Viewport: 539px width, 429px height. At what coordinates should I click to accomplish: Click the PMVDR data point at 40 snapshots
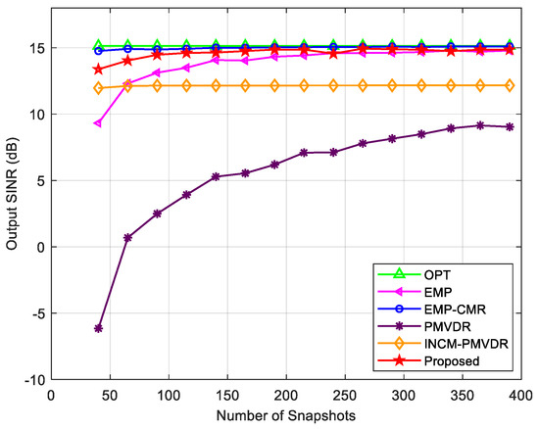98,328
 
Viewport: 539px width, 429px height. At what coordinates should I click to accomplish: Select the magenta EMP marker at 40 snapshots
98,123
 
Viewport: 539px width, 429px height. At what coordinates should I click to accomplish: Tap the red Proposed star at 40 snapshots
98,70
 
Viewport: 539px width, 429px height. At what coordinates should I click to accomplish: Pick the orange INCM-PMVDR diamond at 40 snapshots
98,88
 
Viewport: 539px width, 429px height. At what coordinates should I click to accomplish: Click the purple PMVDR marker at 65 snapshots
127,238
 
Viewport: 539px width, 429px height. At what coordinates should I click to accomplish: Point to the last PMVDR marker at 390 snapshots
510,126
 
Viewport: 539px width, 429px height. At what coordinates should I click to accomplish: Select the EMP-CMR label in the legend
455,310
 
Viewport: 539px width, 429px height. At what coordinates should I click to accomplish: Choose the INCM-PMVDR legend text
465,344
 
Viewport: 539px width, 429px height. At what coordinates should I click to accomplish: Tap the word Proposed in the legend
452,361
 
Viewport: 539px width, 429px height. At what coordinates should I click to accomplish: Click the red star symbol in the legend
399,360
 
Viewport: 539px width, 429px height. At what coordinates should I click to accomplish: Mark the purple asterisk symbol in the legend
399,326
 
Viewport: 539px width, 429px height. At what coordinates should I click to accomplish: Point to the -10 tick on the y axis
34,380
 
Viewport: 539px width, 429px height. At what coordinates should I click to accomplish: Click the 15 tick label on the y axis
38,48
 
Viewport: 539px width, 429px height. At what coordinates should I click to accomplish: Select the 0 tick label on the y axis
41,247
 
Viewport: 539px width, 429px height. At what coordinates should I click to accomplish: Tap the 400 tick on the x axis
521,396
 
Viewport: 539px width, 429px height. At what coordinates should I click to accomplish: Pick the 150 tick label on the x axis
227,396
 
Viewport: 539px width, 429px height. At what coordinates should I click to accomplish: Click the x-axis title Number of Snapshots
286,416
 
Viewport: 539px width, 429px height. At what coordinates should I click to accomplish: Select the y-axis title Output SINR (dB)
12,194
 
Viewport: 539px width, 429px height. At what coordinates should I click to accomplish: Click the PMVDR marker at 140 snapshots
216,177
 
